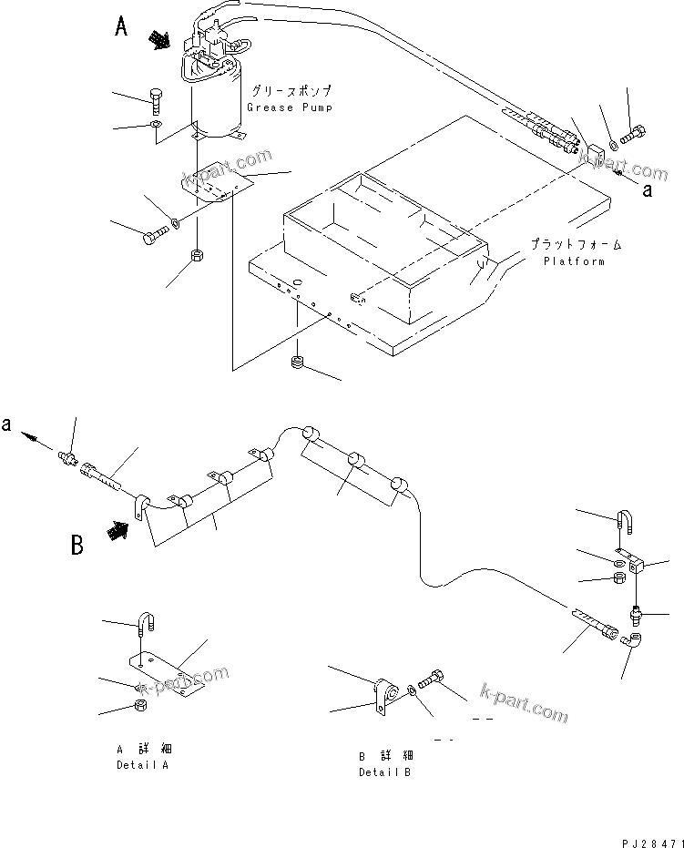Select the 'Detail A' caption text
142,765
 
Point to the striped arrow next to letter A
159,39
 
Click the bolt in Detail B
434,679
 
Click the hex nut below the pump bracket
198,254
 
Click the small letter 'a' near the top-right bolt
648,190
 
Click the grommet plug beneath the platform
296,364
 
